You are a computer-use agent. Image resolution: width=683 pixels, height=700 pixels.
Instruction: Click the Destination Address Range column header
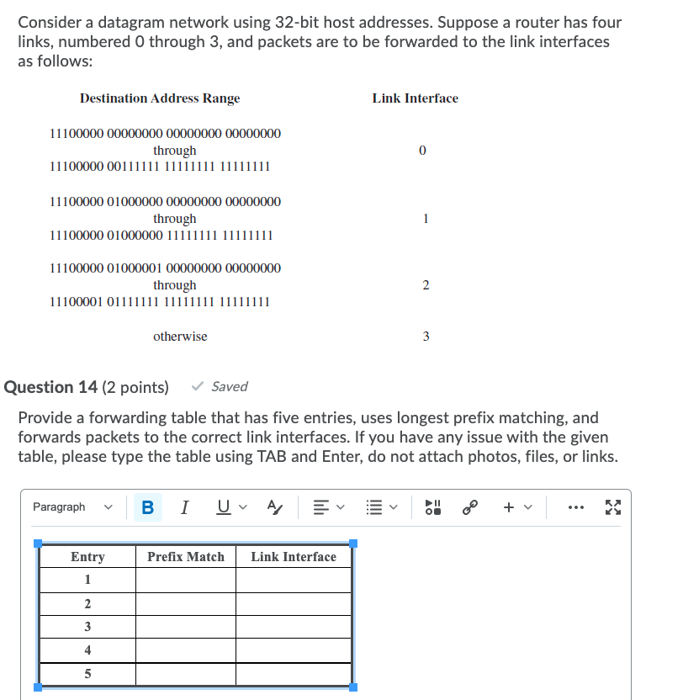(160, 98)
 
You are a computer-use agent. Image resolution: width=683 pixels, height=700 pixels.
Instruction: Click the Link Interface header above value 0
(415, 98)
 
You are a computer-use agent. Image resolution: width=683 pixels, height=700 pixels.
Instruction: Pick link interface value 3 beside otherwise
(426, 337)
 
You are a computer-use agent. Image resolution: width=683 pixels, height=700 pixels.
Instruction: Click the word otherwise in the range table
(180, 337)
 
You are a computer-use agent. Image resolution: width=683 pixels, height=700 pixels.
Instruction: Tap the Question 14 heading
(87, 387)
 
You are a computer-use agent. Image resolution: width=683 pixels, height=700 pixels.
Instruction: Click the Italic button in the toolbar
(185, 507)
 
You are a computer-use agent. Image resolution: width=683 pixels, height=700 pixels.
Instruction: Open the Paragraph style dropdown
(71, 507)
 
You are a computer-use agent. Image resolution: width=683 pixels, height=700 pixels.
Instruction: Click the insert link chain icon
(470, 507)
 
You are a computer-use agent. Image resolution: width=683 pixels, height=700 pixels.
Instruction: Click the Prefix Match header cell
(186, 557)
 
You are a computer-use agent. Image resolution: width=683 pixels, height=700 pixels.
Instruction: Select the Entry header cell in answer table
(87, 557)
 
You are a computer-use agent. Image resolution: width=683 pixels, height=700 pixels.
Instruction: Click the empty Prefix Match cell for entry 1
(186, 581)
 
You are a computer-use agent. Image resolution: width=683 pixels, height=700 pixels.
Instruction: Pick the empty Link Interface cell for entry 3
(293, 627)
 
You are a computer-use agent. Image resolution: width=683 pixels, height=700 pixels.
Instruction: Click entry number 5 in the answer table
(87, 674)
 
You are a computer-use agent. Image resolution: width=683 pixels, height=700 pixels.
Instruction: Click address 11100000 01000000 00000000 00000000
(166, 201)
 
